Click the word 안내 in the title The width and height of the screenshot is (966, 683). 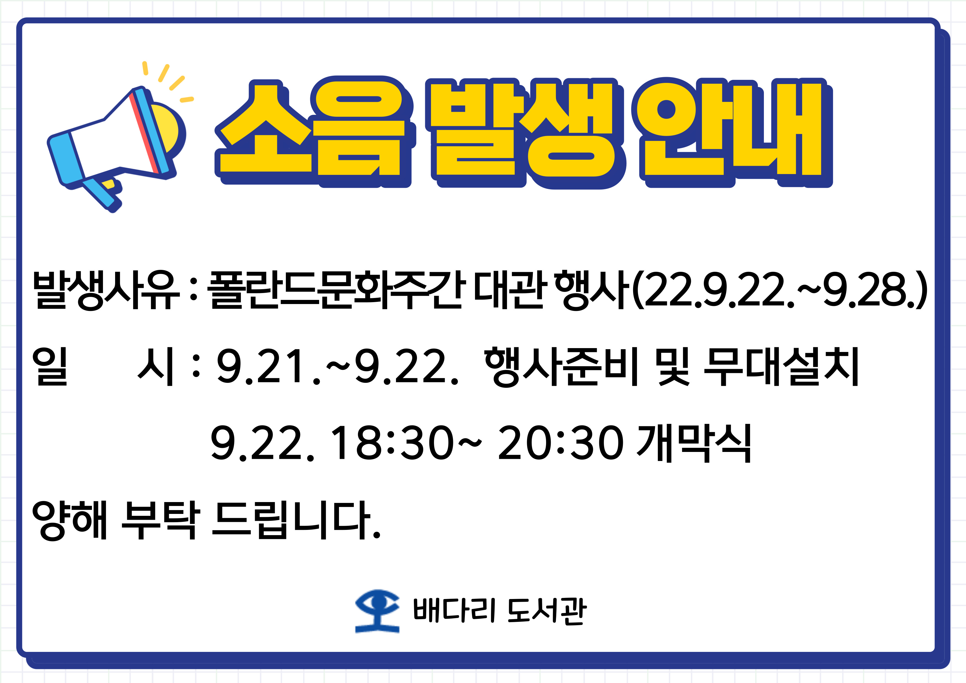pyautogui.click(x=732, y=132)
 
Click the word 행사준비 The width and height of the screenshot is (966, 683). pyautogui.click(x=562, y=367)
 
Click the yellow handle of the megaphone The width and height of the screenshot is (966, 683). pyautogui.click(x=108, y=184)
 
